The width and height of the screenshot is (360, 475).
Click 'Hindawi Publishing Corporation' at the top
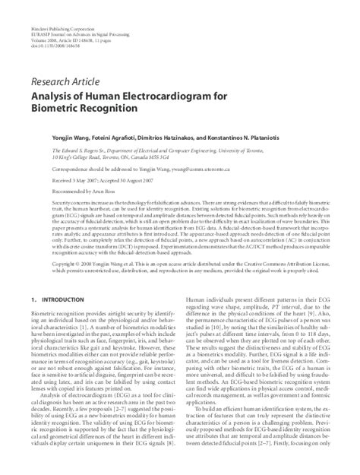pos(62,7)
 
